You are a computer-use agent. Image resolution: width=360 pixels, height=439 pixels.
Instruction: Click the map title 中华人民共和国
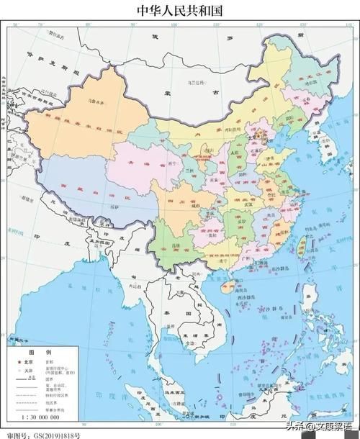point(179,10)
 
